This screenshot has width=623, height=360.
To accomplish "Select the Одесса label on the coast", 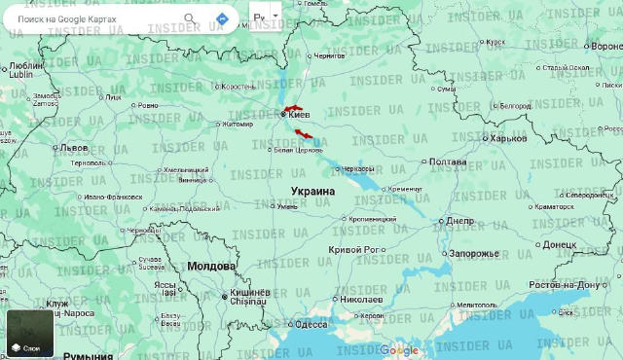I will (x=311, y=325).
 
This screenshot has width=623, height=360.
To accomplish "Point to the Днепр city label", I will (x=459, y=221).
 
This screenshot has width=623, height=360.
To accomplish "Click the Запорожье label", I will (x=473, y=253).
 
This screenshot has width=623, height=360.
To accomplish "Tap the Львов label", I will (x=74, y=148).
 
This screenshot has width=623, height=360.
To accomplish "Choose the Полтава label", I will (x=447, y=162).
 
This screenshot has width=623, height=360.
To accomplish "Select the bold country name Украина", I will (x=312, y=192).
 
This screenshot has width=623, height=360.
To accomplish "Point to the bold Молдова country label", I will (x=211, y=266).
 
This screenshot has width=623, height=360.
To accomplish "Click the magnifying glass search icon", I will (x=189, y=18).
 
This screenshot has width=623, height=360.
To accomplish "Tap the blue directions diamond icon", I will (x=222, y=18).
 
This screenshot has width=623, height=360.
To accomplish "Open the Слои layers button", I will (x=30, y=333).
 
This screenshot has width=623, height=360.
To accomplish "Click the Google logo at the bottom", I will (x=399, y=350).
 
